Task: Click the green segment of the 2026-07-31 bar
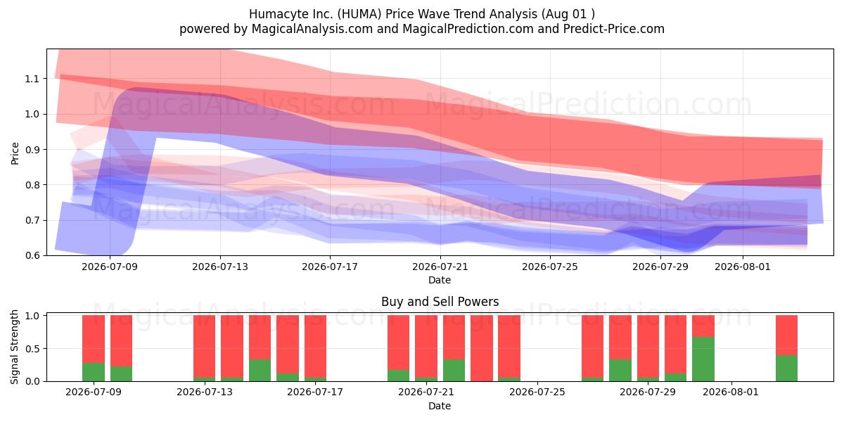click(703, 359)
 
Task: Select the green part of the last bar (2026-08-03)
click(786, 368)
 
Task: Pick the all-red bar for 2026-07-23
click(482, 348)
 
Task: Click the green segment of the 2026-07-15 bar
click(260, 371)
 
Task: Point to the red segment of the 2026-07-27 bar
click(620, 337)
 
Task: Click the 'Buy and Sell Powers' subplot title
click(440, 302)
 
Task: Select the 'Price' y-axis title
click(15, 153)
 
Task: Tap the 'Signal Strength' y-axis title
click(14, 347)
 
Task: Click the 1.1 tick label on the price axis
click(32, 79)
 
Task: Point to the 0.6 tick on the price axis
click(32, 255)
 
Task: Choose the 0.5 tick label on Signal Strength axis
click(32, 349)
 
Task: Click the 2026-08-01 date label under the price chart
click(743, 267)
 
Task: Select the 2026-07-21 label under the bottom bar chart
click(426, 392)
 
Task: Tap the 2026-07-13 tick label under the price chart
click(220, 267)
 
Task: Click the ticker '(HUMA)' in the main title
click(359, 14)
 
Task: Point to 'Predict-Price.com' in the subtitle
click(614, 29)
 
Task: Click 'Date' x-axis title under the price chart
click(440, 280)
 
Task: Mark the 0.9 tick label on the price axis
click(32, 150)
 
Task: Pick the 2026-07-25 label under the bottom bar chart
click(537, 392)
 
